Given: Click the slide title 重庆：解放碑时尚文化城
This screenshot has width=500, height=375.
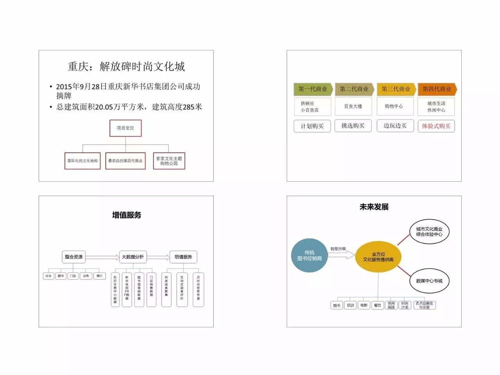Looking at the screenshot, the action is click(x=126, y=67).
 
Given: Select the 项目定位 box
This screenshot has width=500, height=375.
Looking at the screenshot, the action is click(x=125, y=128).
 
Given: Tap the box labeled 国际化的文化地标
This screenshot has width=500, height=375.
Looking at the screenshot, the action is click(x=82, y=161).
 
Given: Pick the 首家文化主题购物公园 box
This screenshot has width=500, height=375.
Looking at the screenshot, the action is click(x=169, y=161).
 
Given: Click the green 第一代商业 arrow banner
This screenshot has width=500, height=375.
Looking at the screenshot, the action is click(x=313, y=89).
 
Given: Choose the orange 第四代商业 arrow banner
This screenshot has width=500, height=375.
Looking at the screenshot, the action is click(x=437, y=89).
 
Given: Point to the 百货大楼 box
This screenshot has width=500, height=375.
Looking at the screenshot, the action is click(x=353, y=106).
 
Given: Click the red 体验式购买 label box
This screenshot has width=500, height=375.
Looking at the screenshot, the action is click(x=436, y=126).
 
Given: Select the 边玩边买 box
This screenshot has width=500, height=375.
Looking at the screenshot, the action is click(x=395, y=126).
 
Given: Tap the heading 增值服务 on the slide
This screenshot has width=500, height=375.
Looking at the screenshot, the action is click(x=127, y=215).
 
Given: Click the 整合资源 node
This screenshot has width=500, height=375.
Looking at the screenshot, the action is click(x=74, y=257).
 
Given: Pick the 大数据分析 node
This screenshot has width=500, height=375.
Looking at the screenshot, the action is click(x=133, y=257).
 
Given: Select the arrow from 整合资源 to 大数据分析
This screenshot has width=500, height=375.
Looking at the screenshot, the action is click(x=102, y=257).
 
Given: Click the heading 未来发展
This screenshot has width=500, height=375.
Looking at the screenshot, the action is click(x=374, y=207).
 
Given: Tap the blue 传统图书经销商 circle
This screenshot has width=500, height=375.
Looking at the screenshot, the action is click(x=309, y=255).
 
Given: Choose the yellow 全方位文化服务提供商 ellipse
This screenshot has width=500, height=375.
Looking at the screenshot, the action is click(x=378, y=257).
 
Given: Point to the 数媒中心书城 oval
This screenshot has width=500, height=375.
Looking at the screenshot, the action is click(x=429, y=281).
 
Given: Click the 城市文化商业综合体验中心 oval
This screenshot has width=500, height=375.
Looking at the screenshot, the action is click(x=429, y=232).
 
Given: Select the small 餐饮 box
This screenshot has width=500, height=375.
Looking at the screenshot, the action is click(x=377, y=305).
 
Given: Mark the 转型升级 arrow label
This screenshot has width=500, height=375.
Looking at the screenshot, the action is click(x=338, y=249).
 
